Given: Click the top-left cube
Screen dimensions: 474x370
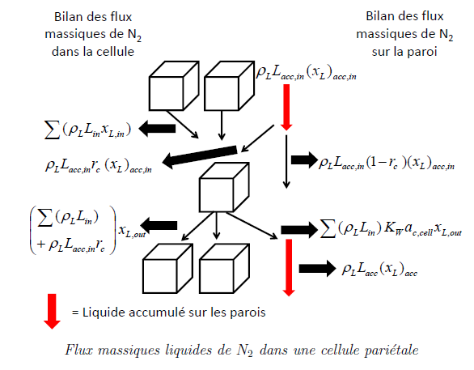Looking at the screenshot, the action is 174,86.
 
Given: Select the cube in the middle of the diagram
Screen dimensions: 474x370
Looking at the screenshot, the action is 224,187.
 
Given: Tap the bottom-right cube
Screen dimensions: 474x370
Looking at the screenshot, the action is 224,268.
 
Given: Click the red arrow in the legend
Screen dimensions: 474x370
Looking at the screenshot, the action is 52,312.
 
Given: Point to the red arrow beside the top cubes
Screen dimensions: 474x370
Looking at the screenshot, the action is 286,108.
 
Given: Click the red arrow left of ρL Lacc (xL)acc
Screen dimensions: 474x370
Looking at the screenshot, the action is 289,268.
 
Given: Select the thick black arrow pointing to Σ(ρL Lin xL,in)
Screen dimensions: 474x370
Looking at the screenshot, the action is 157,129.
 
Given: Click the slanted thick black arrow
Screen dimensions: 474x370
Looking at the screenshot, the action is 200,157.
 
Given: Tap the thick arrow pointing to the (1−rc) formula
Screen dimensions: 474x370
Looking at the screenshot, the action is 304,160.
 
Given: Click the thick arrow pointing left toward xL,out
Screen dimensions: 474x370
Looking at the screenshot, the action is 159,225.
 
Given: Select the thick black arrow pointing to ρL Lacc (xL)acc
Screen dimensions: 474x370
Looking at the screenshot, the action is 317,268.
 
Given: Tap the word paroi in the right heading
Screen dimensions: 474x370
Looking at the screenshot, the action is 421,52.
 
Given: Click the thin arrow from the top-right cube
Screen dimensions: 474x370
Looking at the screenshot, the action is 222,125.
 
